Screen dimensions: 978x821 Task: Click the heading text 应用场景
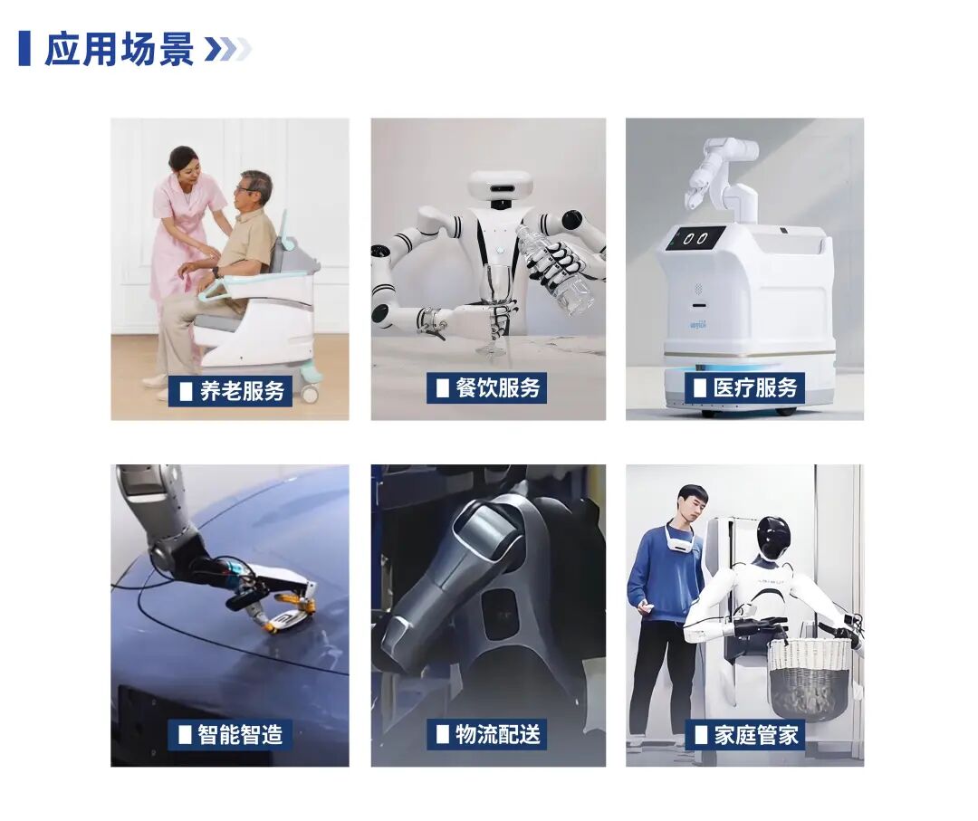click(120, 48)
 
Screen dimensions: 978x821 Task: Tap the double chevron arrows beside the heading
click(227, 49)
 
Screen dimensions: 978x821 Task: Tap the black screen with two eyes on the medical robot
click(695, 238)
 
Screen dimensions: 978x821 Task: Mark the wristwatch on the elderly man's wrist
click(216, 272)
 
